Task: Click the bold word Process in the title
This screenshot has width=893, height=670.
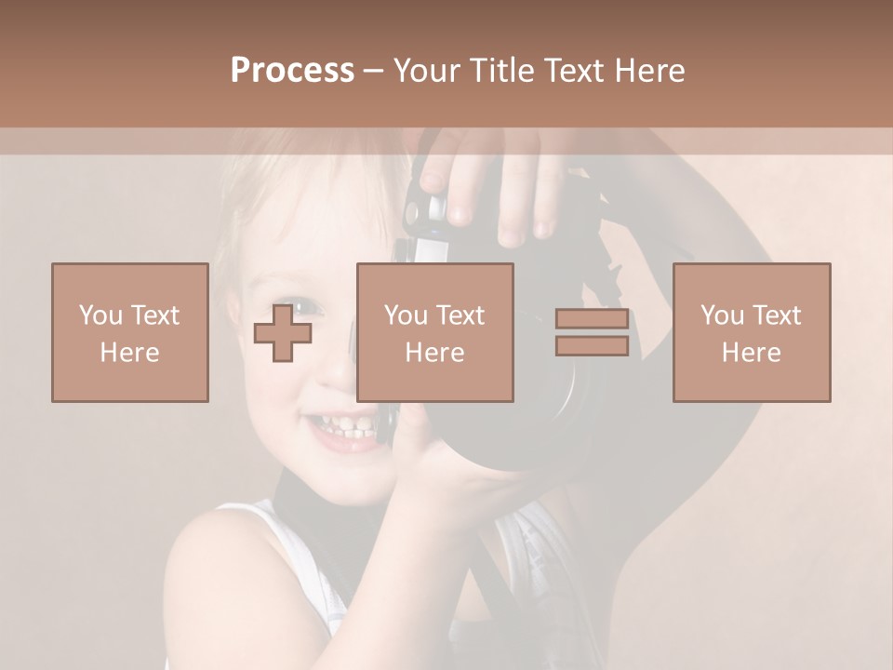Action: coord(292,71)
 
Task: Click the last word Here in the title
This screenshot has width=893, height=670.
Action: coord(650,71)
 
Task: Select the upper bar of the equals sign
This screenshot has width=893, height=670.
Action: coord(592,319)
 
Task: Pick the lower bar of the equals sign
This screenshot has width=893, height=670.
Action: coord(592,346)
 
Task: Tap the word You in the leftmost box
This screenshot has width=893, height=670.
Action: coord(100,315)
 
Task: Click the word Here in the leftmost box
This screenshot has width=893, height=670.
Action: coord(129,353)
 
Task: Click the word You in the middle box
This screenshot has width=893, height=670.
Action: coord(406,315)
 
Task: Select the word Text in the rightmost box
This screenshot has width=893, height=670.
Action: coord(777,315)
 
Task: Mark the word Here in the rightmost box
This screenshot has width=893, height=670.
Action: coord(751,353)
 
